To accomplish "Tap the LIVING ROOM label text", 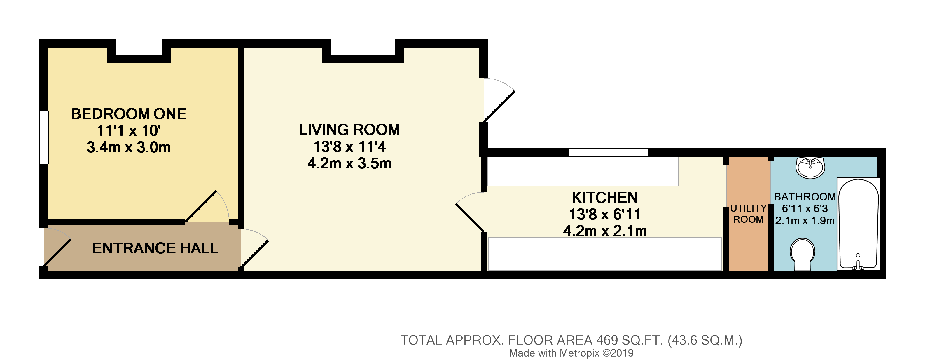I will (x=349, y=130).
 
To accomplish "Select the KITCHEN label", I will (x=604, y=198).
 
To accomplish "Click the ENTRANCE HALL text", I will (x=155, y=248).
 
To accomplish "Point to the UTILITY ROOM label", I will (x=748, y=214).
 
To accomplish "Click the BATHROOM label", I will (x=805, y=197).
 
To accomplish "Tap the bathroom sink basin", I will (x=810, y=168).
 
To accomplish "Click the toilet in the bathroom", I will (x=802, y=254).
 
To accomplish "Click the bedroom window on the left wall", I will (x=44, y=137).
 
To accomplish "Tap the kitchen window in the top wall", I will (x=608, y=152).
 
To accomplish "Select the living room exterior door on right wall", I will (x=498, y=100).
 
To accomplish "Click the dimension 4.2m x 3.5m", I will (x=349, y=163).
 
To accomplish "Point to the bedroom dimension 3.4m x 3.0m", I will (x=128, y=147).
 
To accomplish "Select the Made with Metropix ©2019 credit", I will (x=571, y=353).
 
